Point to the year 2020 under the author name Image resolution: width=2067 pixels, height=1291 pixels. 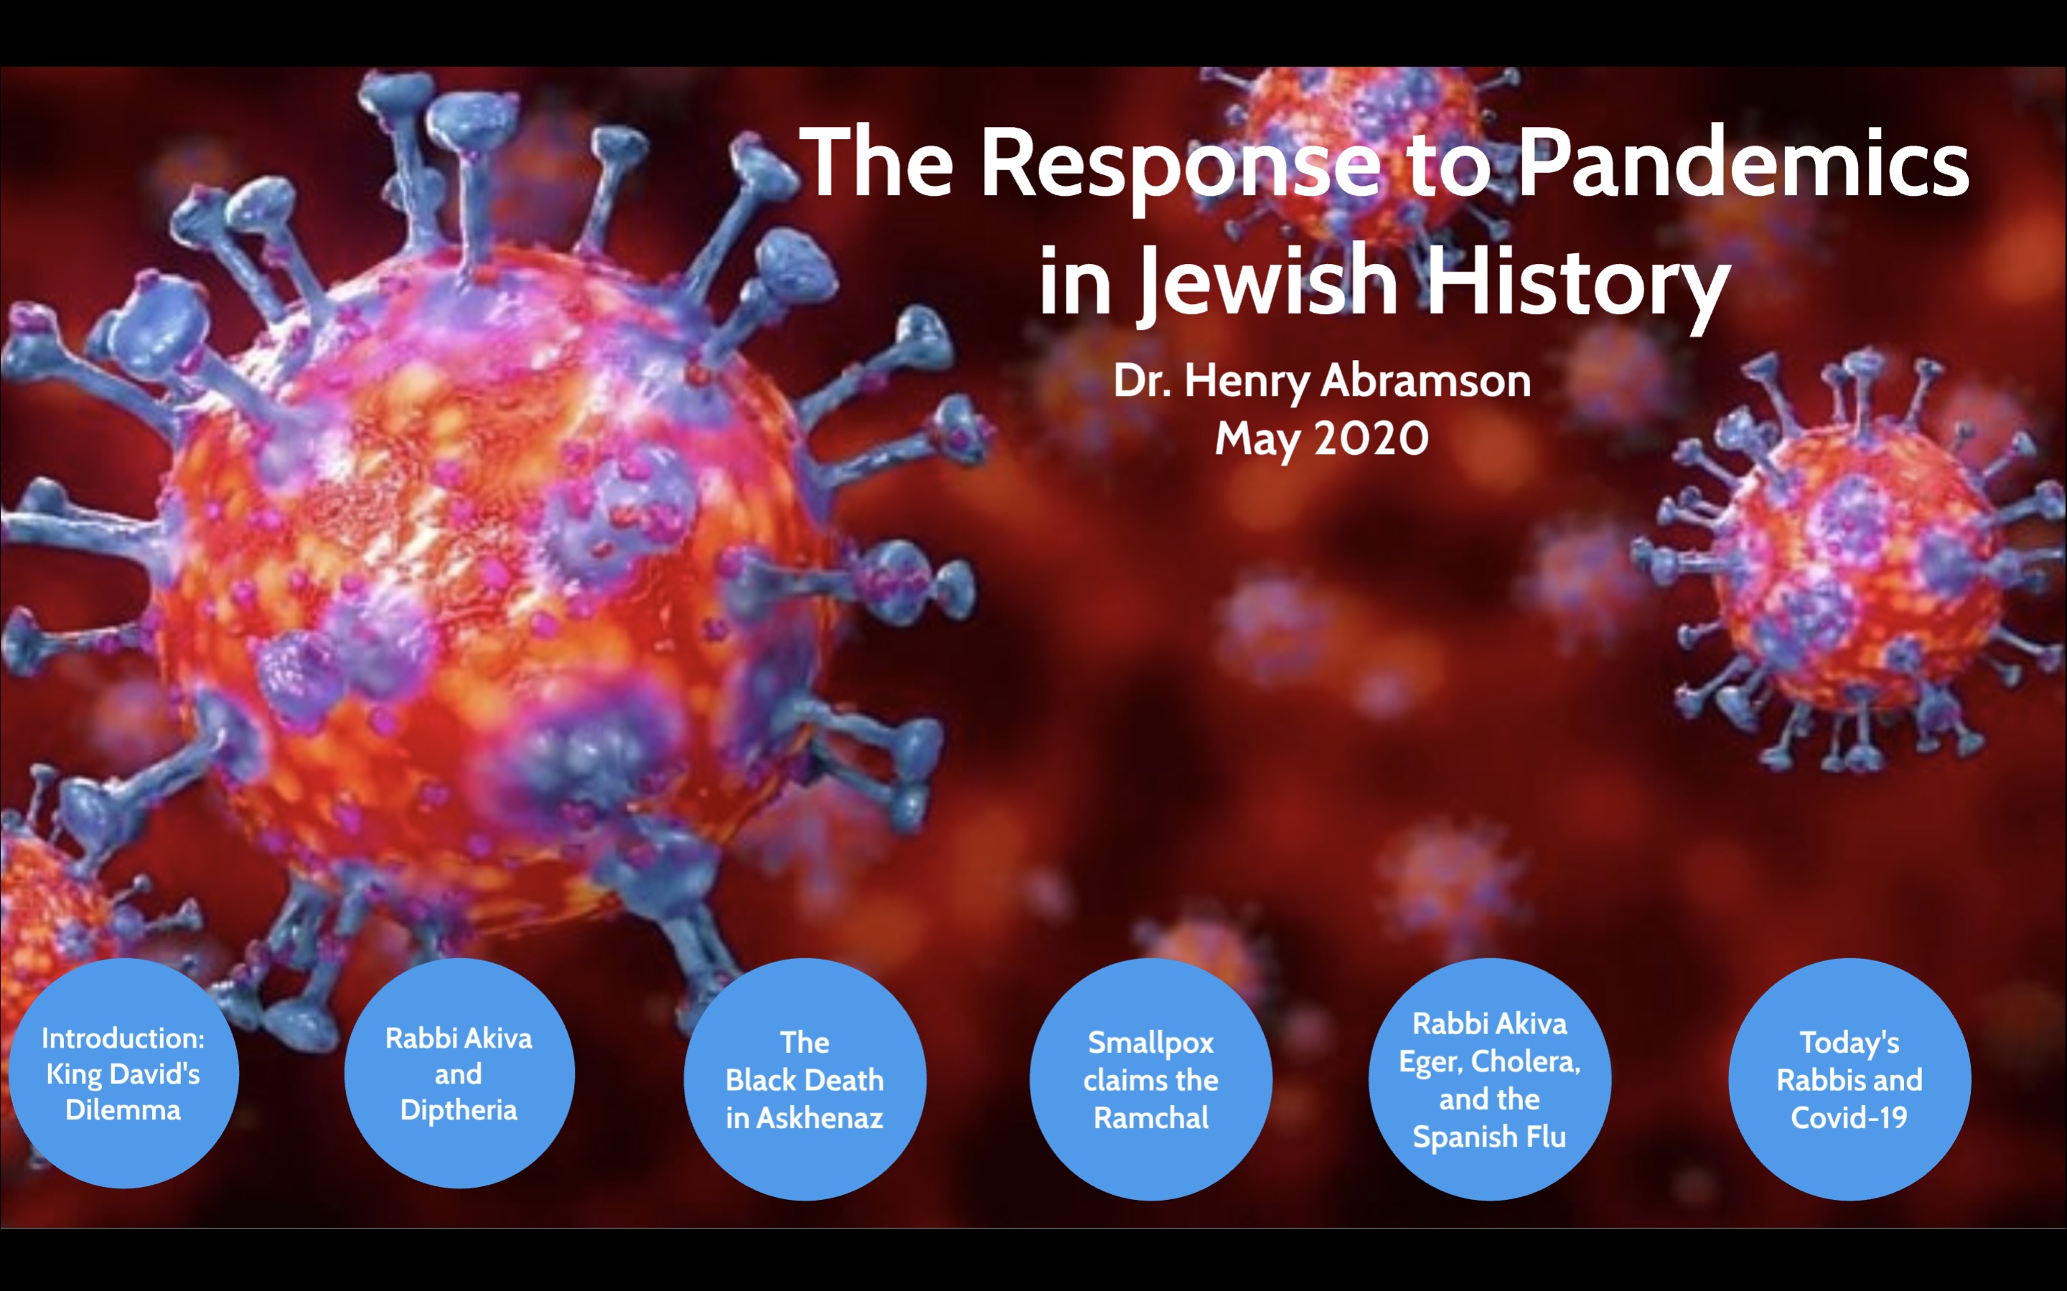click(x=1372, y=439)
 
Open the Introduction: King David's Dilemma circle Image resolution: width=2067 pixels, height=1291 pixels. click(x=123, y=1073)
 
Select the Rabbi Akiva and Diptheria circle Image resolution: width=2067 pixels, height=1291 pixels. click(x=459, y=1073)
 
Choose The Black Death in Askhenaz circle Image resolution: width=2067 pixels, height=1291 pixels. click(x=805, y=1079)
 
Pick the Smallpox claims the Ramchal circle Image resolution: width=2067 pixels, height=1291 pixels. click(x=1150, y=1079)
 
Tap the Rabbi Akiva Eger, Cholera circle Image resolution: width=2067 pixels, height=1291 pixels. click(x=1490, y=1079)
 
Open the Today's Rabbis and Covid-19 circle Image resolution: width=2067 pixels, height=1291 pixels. click(x=1850, y=1079)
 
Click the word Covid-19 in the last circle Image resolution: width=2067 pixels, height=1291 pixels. click(x=1850, y=1117)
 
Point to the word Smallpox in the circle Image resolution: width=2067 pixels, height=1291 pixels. click(x=1150, y=1043)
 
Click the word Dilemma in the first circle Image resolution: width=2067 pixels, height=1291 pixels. click(x=123, y=1110)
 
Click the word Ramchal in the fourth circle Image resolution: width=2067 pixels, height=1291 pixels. click(x=1150, y=1117)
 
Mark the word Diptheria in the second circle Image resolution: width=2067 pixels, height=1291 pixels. click(x=459, y=1110)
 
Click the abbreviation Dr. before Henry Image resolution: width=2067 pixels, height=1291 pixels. click(x=1141, y=381)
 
